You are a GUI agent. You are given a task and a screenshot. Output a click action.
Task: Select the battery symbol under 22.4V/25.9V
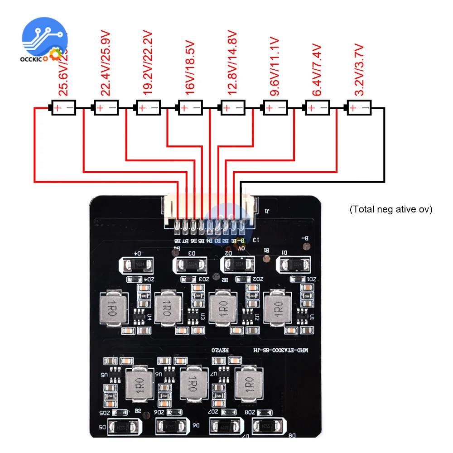106,108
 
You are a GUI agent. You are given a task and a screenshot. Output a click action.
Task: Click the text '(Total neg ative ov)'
391,210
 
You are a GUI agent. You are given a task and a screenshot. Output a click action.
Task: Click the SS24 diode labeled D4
135,265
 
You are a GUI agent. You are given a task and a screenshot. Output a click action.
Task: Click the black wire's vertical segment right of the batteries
384,145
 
